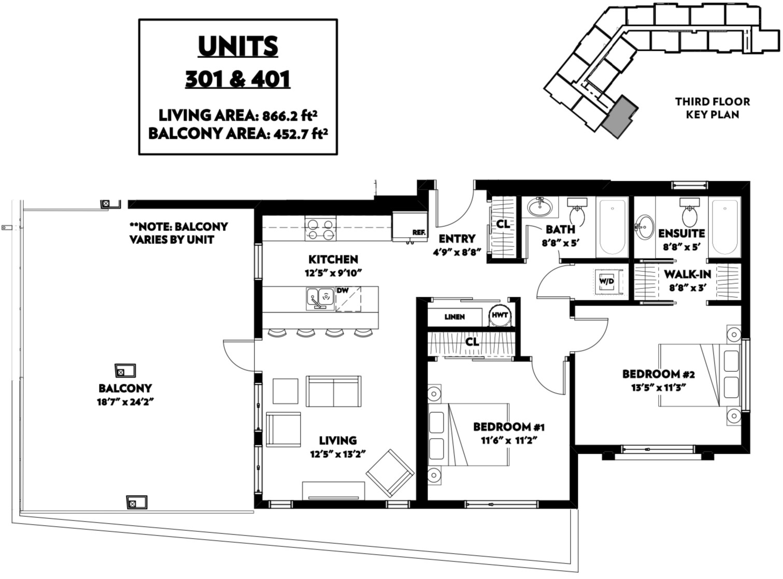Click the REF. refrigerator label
tap(419, 233)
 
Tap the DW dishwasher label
tap(343, 291)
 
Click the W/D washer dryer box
tap(607, 281)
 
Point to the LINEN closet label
tap(454, 317)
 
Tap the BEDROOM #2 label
tap(659, 374)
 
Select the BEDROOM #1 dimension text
tap(509, 441)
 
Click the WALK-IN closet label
tap(687, 274)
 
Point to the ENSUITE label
tap(681, 234)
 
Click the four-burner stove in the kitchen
tap(321, 229)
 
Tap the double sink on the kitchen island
tap(320, 298)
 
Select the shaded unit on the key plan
tap(620, 117)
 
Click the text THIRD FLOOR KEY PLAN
tap(713, 108)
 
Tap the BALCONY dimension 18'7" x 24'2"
tap(126, 402)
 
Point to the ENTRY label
tap(457, 239)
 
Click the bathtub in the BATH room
tap(613, 227)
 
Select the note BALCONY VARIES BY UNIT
tap(179, 233)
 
